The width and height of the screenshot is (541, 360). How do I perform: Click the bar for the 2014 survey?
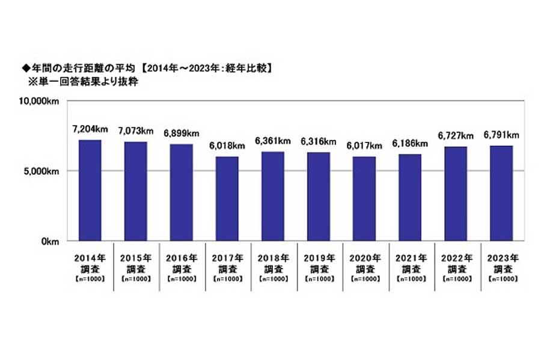point(90,191)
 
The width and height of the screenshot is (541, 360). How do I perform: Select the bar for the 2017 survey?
point(227,199)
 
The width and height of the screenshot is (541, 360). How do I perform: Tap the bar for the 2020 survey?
point(364,199)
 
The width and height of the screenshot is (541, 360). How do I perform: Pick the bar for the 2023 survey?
point(501,194)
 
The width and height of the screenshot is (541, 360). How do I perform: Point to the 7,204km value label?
point(90,129)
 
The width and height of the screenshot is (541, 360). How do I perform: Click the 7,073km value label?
point(136,130)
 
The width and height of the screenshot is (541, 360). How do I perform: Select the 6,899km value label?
point(182,133)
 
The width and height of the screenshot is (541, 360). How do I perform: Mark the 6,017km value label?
point(364,145)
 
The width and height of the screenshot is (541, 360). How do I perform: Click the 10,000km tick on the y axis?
point(40,102)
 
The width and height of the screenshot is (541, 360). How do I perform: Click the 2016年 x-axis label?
point(182,258)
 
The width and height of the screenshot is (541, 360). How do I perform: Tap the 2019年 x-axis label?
point(319,258)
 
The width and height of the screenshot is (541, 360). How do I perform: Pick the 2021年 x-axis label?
point(410,258)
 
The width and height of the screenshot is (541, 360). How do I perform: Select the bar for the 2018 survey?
point(273,197)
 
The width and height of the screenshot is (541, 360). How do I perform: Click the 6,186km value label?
point(410,143)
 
